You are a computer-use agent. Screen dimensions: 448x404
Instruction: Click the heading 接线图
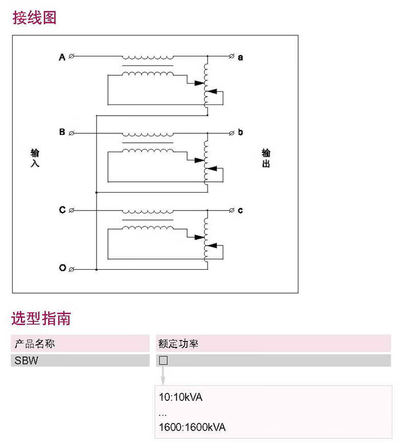pos(34,18)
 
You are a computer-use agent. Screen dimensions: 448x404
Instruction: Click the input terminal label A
pos(62,57)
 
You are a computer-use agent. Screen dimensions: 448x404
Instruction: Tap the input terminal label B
pos(62,133)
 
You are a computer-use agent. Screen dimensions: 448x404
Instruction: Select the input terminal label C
pos(62,210)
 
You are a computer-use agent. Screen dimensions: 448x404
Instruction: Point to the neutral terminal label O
pos(62,268)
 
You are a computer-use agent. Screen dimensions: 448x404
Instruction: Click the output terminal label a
pos(240,57)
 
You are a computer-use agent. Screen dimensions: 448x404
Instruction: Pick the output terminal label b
pos(240,133)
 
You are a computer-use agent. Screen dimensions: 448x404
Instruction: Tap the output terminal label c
pos(240,210)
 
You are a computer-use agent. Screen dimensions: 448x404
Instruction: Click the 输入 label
pos(35,158)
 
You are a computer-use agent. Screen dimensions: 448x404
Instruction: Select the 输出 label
pos(266,158)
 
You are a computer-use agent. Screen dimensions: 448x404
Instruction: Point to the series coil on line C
pos(148,210)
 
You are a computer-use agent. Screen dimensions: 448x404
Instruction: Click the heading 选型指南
pos(41,318)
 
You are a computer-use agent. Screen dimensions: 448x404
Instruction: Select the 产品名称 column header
pos(35,344)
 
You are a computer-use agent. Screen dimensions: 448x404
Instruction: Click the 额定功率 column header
pos(178,344)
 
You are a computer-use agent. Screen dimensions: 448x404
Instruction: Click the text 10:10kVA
pos(181,397)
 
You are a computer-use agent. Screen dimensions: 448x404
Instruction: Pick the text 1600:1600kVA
pos(192,428)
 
